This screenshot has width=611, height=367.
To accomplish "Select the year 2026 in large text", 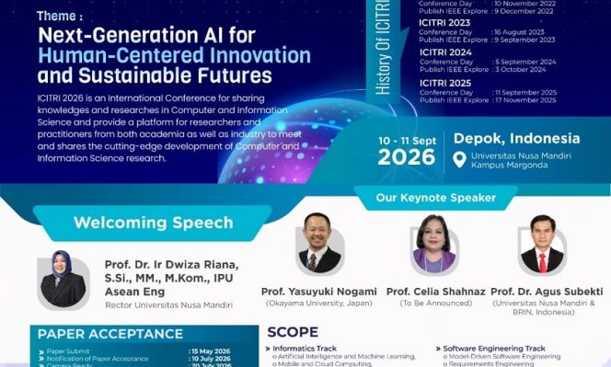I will tap(406, 157).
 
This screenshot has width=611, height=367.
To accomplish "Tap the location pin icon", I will tap(460, 158).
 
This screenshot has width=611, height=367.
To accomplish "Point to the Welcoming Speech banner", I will tap(152, 222).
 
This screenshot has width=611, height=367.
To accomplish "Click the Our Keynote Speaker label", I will tap(437, 198).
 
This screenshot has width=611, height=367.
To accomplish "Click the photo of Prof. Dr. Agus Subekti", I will tap(541, 247).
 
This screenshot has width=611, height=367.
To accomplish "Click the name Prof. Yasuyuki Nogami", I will tap(318, 292).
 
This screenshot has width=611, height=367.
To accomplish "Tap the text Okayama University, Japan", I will tap(318, 303).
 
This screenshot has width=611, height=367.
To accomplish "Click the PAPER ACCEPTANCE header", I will tap(110, 333).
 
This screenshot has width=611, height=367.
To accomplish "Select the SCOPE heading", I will tap(293, 332).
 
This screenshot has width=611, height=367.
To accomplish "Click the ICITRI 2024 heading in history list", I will tap(444, 52).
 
